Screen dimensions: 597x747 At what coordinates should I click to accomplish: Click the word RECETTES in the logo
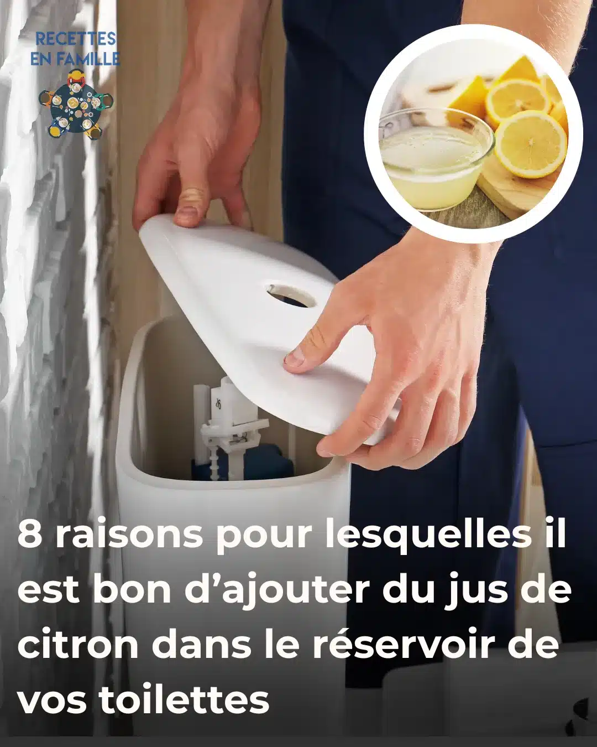point(76,39)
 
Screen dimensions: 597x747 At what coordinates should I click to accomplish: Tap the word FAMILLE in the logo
point(93,59)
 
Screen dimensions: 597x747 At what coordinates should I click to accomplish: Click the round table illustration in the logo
point(76,105)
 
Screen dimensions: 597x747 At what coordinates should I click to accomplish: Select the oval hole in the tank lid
point(291,295)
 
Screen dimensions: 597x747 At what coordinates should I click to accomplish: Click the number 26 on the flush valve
point(218,404)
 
